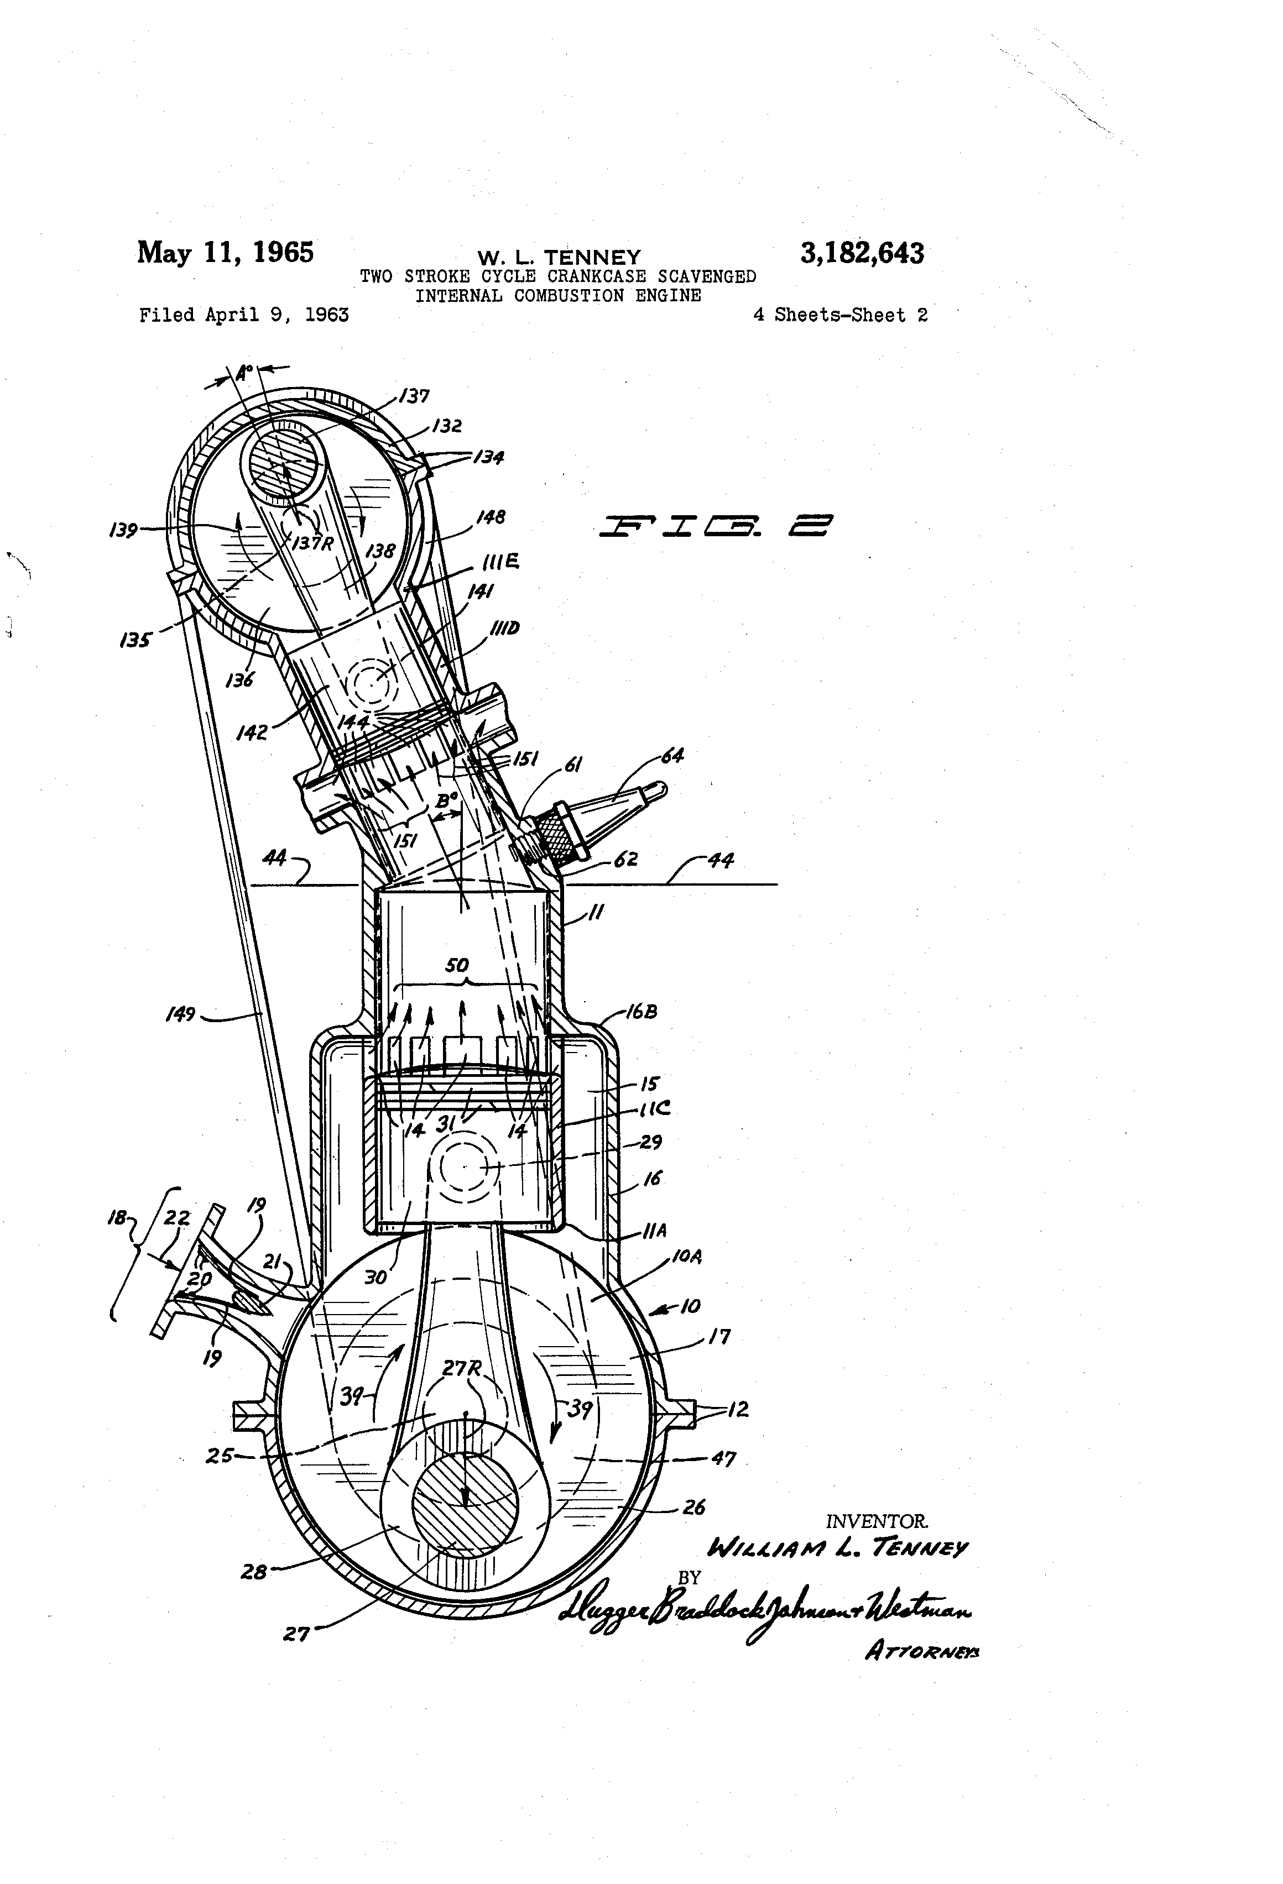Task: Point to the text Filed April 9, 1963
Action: (244, 315)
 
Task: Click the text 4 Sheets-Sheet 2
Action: (840, 315)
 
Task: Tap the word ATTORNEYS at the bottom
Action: (922, 1650)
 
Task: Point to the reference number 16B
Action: (641, 1012)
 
